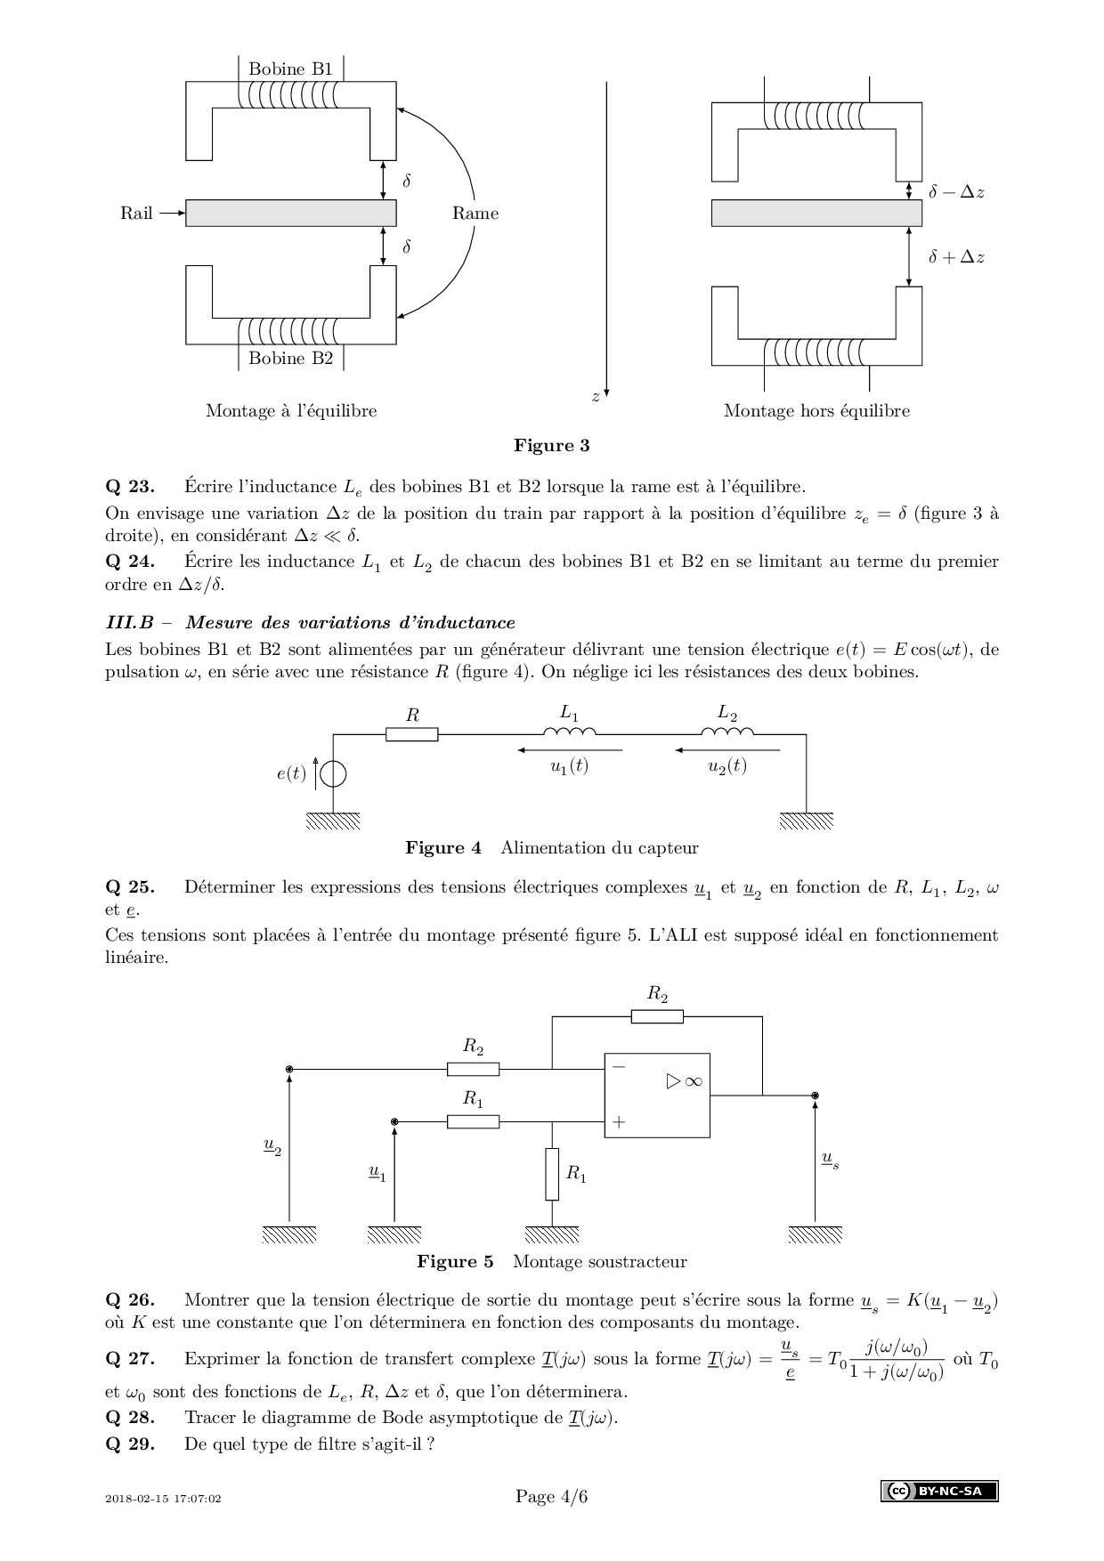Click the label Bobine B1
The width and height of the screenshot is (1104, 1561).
[290, 69]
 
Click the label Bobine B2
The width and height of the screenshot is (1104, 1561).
[290, 359]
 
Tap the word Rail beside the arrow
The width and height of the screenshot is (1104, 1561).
[136, 214]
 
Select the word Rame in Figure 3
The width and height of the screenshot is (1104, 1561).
[475, 214]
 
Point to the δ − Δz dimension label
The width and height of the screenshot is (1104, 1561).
[956, 192]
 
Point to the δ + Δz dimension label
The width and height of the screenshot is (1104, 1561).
[956, 257]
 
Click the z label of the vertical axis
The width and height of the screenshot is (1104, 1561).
[596, 398]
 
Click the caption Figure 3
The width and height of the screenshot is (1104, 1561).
[551, 446]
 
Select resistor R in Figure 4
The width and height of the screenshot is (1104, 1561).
[412, 734]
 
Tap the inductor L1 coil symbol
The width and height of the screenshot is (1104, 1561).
[570, 732]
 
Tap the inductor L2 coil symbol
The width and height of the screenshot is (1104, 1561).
[727, 732]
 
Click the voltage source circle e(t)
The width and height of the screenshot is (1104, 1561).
[333, 774]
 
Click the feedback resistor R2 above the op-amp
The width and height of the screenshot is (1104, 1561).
[657, 1016]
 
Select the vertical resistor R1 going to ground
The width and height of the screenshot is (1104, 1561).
[552, 1174]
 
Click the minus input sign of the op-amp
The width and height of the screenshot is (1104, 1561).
[619, 1066]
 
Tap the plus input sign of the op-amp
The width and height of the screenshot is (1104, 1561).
[619, 1122]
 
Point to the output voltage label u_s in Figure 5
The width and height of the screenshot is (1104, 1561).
[830, 1160]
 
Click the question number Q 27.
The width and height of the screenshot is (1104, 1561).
[130, 1359]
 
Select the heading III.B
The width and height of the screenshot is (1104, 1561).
[129, 622]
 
